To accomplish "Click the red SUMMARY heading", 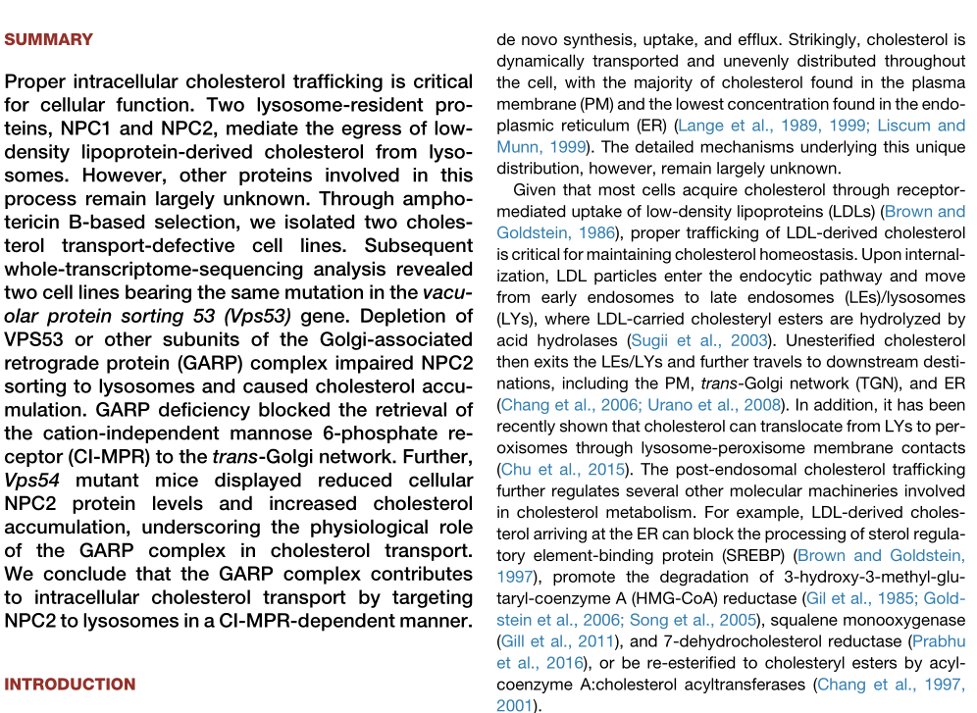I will [49, 40].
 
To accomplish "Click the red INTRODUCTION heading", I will [70, 685].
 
